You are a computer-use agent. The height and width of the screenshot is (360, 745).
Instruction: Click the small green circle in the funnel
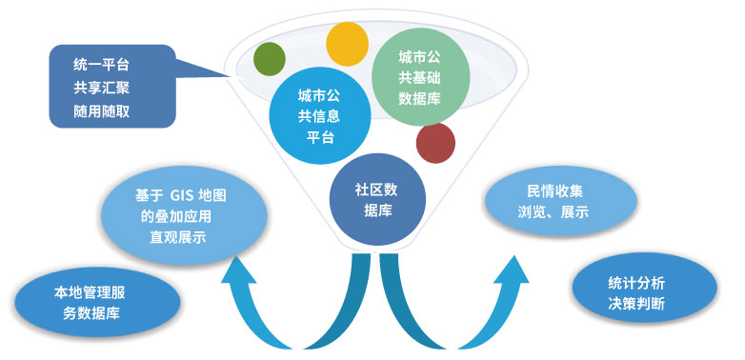[x=271, y=59]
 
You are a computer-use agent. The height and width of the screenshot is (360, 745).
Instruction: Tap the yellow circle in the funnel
[x=347, y=42]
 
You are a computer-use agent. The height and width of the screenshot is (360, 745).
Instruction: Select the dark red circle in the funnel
[x=436, y=143]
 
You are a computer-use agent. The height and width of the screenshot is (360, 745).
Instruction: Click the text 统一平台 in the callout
[x=102, y=65]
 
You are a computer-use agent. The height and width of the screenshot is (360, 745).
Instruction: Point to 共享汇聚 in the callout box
[x=102, y=88]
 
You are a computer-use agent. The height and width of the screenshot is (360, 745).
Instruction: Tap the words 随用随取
[x=102, y=110]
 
